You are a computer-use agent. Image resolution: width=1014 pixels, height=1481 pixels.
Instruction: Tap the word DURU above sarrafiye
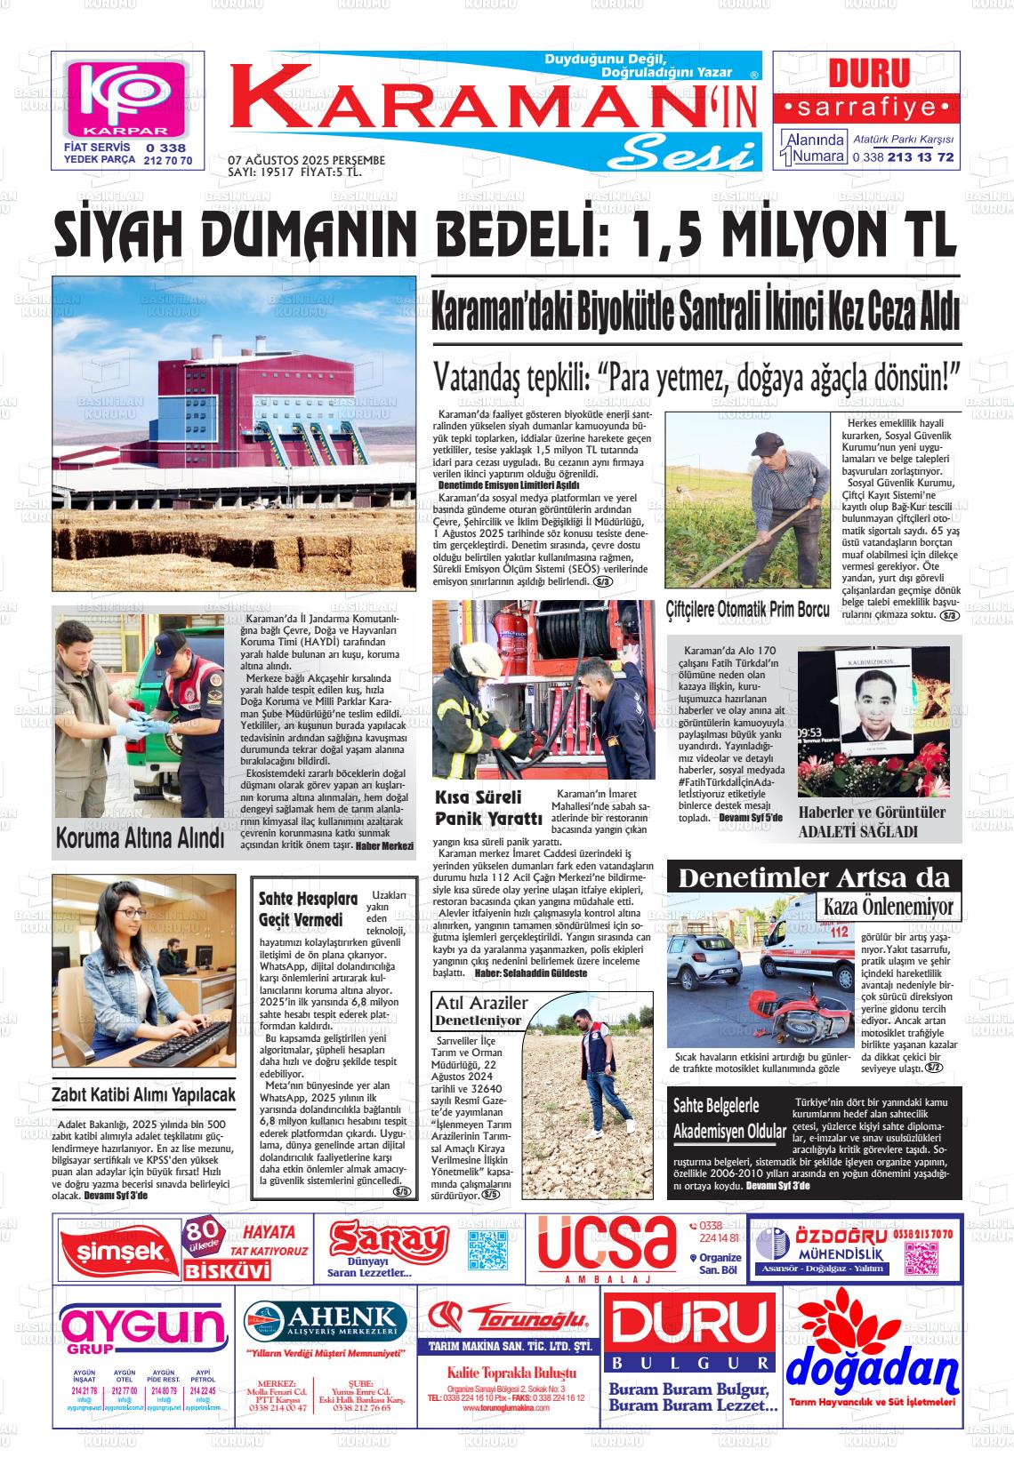coord(868,74)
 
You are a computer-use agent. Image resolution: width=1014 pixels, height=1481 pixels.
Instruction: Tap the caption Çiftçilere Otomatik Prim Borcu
coord(747,610)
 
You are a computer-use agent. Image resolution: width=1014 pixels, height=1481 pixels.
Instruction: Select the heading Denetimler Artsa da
coord(814,878)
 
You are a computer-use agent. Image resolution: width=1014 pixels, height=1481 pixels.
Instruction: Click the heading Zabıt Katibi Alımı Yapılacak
coord(144,1094)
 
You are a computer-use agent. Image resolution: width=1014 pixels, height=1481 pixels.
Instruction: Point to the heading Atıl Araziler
coord(481,1003)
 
